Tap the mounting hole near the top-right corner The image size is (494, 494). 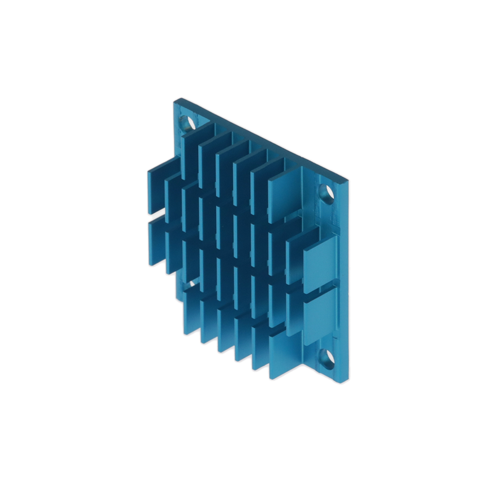327,193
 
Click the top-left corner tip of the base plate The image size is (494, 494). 175,99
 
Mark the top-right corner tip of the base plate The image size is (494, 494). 348,180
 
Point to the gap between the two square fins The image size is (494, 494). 321,287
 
